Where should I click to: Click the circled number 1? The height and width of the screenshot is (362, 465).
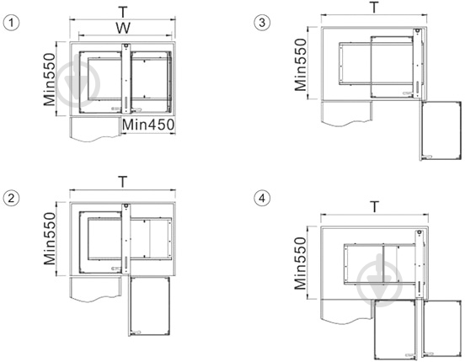click(11, 23)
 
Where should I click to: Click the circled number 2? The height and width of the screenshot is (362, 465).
click(11, 198)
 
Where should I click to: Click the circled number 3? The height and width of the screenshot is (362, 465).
click(262, 23)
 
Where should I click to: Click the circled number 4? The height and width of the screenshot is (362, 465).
click(262, 198)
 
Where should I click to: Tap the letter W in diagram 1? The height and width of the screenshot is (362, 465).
click(123, 28)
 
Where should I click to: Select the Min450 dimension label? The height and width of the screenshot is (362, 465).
click(148, 125)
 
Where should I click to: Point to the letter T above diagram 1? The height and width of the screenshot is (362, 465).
click(122, 12)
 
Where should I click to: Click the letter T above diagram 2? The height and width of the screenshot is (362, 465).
click(122, 182)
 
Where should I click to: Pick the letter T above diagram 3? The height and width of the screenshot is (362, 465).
click(375, 8)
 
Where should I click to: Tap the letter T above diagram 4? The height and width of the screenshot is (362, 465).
click(375, 206)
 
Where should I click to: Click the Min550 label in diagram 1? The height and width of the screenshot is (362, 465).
click(50, 79)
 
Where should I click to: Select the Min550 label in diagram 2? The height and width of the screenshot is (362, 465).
click(50, 238)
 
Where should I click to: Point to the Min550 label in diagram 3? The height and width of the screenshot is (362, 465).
click(301, 64)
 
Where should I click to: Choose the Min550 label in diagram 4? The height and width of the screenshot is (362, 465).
click(301, 264)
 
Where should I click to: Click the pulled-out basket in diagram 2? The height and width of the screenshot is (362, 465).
click(149, 306)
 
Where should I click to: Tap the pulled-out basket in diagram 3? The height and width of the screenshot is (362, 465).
click(440, 130)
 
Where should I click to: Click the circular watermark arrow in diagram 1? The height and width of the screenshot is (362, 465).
click(78, 84)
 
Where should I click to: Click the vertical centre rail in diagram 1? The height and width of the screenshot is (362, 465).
click(126, 78)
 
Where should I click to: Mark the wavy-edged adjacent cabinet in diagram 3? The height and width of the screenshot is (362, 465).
click(347, 114)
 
